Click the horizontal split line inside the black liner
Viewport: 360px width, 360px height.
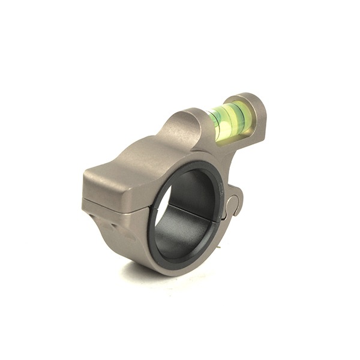pyautogui.click(x=192, y=210)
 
